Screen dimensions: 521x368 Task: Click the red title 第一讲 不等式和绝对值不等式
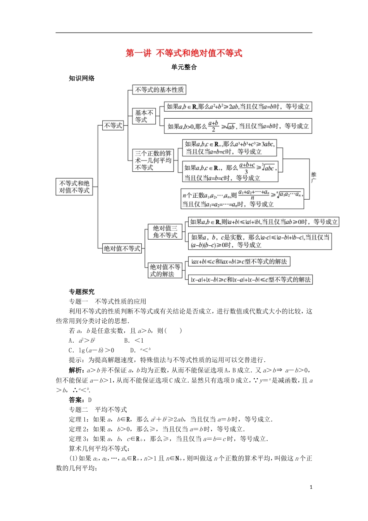[x=184, y=53]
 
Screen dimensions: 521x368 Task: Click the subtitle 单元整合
[x=184, y=67]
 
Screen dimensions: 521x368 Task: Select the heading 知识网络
[x=82, y=78]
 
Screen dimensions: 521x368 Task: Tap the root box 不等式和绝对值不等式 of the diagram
[x=74, y=187]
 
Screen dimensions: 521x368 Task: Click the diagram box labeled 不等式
[x=113, y=126]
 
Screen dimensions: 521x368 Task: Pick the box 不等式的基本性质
[x=159, y=90]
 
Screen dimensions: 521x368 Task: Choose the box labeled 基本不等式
[x=144, y=116]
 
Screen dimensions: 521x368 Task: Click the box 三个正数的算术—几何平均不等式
[x=153, y=160]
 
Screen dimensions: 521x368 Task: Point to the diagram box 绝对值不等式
[x=122, y=248]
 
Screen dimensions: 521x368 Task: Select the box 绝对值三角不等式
[x=165, y=232]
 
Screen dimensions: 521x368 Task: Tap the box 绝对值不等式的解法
[x=165, y=271]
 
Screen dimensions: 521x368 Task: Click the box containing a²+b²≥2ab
[x=238, y=107]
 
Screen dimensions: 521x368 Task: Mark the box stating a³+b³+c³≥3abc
[x=229, y=148]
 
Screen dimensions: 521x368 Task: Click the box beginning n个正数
[x=242, y=198]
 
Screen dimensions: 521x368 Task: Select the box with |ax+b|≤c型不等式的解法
[x=239, y=262]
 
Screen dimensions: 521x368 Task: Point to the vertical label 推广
[x=313, y=178]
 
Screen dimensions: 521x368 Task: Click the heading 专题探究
[x=82, y=292]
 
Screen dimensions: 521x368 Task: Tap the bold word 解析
[x=76, y=370]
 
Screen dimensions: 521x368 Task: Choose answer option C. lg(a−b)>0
[x=91, y=350]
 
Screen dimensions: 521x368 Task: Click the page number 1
[x=311, y=487]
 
